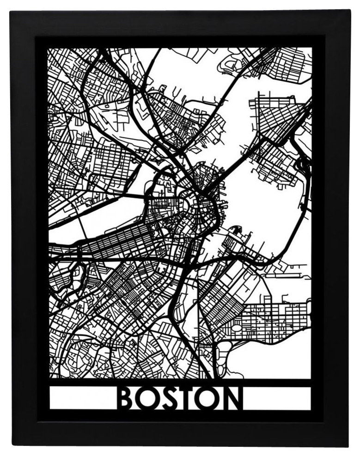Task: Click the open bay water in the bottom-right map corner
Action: point(277,361)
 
